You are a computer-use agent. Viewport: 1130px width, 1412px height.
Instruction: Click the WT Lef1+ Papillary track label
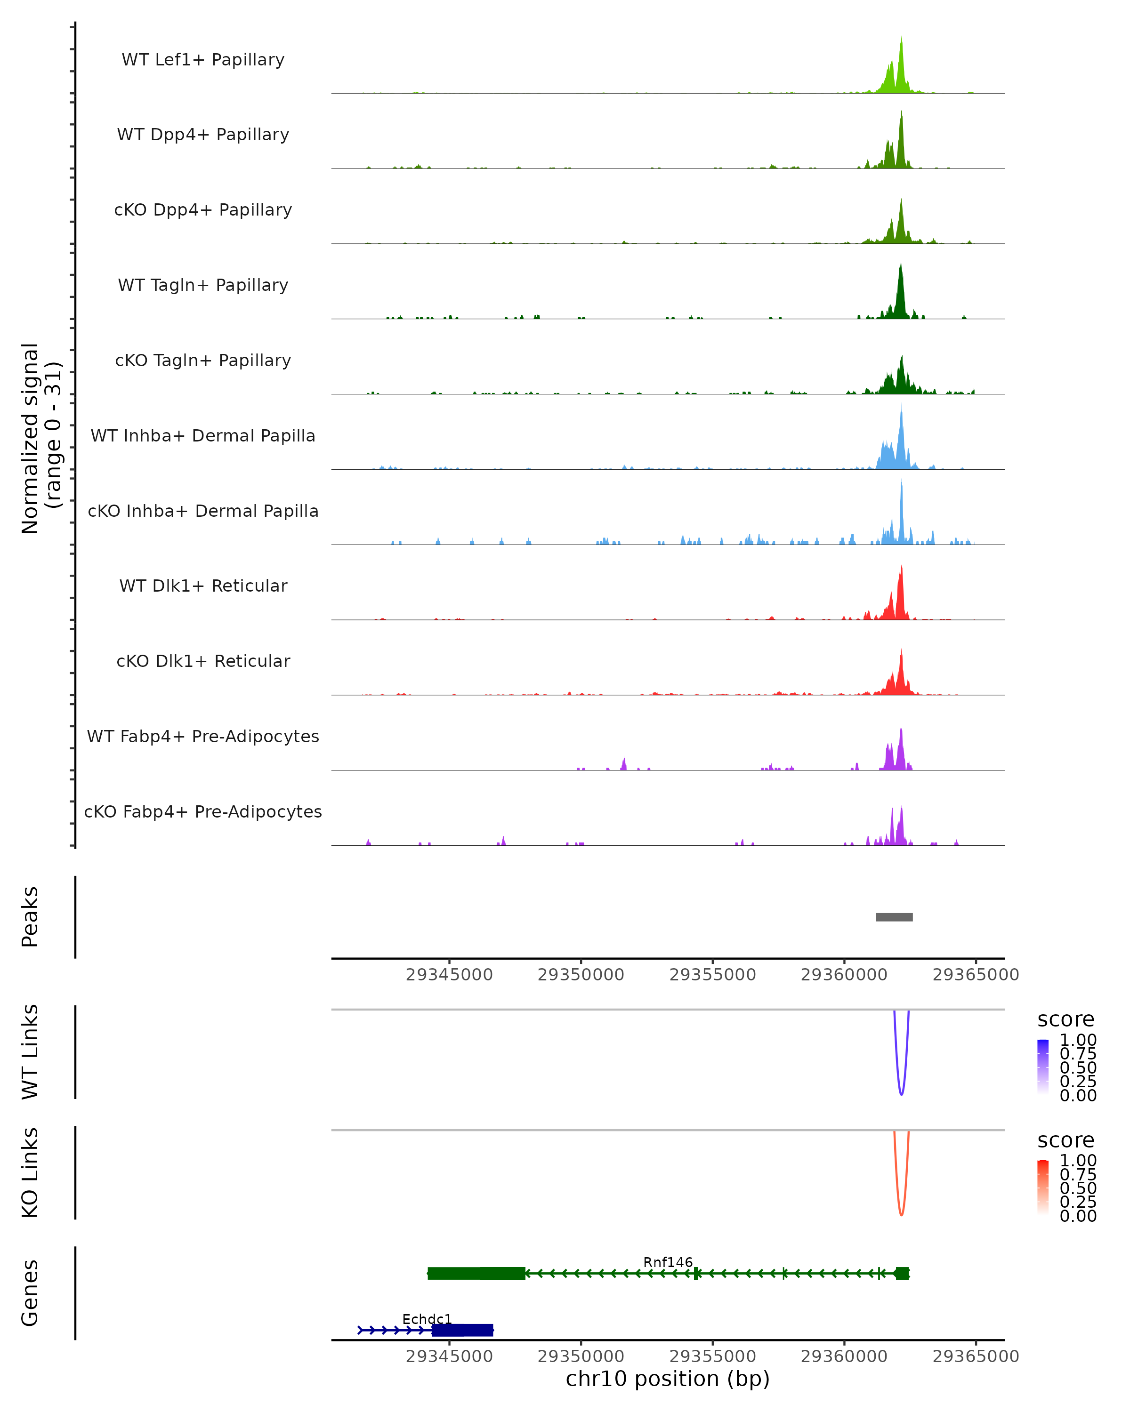coord(203,60)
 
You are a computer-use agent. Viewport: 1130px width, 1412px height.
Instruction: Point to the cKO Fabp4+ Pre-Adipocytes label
coord(203,811)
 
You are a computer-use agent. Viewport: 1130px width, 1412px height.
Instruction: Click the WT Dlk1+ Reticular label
coord(203,586)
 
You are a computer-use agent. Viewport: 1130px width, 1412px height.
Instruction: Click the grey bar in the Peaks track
coord(894,917)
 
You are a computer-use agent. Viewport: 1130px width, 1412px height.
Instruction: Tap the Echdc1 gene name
coord(427,1319)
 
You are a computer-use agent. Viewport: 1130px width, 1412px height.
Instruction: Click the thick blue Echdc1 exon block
coord(462,1330)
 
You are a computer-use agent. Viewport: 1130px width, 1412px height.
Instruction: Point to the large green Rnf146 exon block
coord(476,1273)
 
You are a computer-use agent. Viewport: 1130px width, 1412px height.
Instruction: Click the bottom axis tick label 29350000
coord(581,1356)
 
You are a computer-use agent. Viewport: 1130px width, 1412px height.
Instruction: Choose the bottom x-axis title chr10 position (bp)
coord(668,1379)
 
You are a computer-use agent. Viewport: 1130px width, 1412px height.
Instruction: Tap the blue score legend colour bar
coord(1043,1067)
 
